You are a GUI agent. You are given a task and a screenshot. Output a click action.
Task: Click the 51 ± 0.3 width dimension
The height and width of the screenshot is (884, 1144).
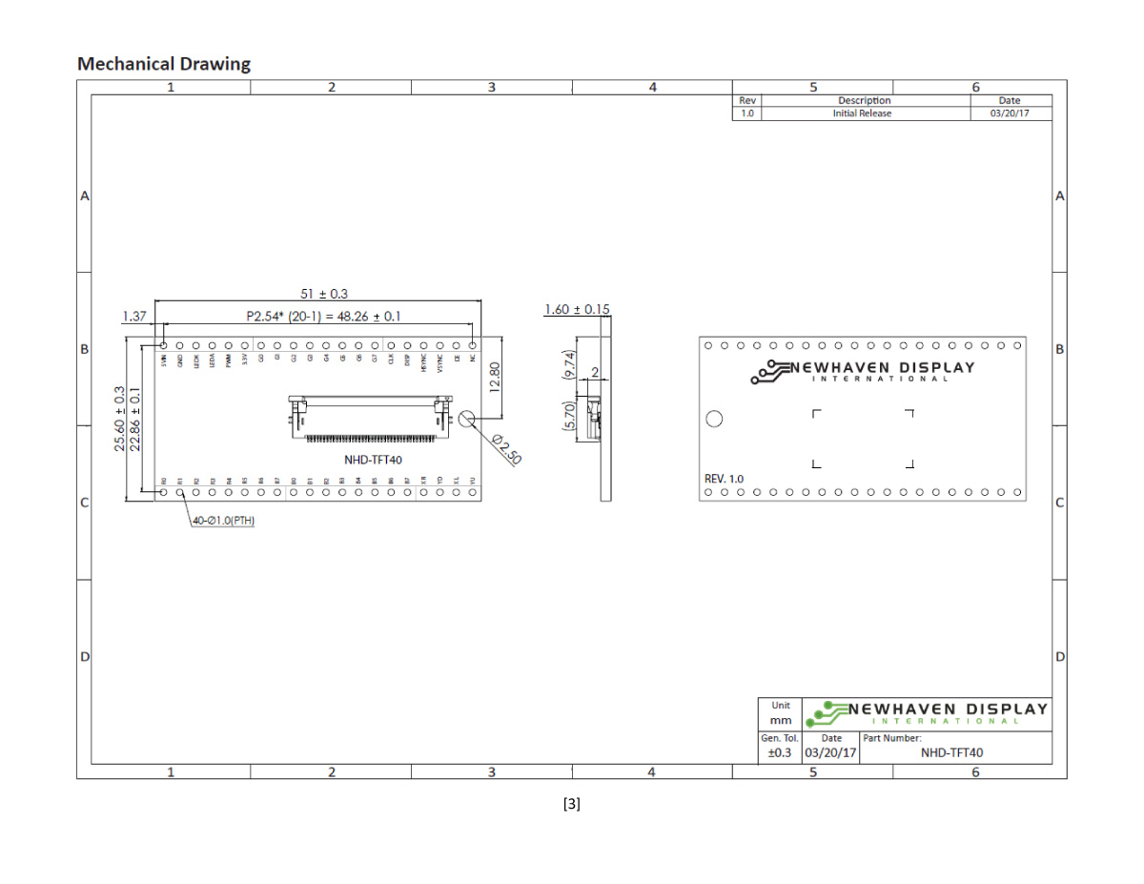click(317, 294)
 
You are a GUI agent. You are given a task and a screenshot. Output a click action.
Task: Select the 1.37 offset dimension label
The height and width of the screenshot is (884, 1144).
click(134, 316)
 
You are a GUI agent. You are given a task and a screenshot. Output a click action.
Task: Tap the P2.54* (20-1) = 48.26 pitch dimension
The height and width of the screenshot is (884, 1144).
click(323, 316)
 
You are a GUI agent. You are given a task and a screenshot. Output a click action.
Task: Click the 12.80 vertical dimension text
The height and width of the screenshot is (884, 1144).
click(493, 377)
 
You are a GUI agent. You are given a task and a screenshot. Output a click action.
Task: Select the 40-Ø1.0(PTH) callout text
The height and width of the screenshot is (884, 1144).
click(223, 521)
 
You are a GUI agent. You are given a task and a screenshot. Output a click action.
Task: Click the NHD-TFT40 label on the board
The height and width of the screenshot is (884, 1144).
click(373, 460)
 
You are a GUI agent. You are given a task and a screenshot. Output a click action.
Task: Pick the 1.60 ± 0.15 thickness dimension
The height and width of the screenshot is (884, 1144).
click(576, 309)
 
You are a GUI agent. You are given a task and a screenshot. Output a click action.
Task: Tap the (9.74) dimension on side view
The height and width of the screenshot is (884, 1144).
click(570, 365)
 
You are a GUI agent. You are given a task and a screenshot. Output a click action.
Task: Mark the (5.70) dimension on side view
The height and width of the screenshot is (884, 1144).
click(570, 417)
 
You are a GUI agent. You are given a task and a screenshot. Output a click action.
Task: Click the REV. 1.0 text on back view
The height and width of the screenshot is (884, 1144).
click(724, 479)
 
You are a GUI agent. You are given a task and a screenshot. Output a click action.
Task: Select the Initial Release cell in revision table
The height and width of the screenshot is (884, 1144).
click(862, 113)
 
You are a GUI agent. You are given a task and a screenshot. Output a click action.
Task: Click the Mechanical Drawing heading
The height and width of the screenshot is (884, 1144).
click(164, 64)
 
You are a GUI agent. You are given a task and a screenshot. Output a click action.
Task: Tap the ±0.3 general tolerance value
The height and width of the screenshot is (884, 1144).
click(780, 752)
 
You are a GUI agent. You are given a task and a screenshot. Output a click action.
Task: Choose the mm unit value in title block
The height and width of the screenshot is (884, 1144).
click(781, 720)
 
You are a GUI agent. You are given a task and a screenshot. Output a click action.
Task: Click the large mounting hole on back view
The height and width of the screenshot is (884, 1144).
click(714, 419)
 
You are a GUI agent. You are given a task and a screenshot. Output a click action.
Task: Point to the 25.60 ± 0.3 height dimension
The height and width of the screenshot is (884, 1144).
click(119, 419)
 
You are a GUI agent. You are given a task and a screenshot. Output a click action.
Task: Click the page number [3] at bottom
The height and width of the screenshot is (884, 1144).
click(572, 804)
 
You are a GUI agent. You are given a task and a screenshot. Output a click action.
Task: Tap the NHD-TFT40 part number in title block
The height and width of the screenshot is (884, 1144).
click(951, 752)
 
